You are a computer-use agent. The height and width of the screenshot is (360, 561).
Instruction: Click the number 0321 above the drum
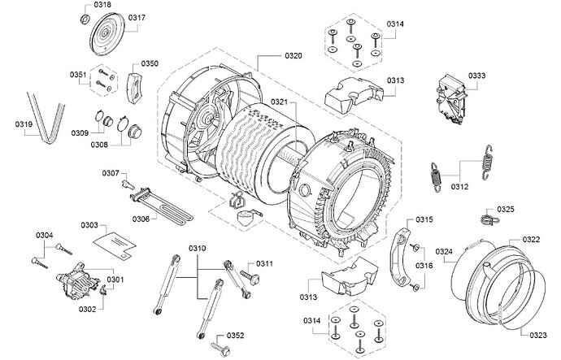pyautogui.click(x=279, y=102)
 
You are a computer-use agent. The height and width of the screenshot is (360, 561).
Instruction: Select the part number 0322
pyautogui.click(x=531, y=239)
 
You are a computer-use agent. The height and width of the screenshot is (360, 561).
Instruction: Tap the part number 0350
pyautogui.click(x=150, y=63)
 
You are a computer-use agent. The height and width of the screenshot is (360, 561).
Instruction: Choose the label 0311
pyautogui.click(x=266, y=264)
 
